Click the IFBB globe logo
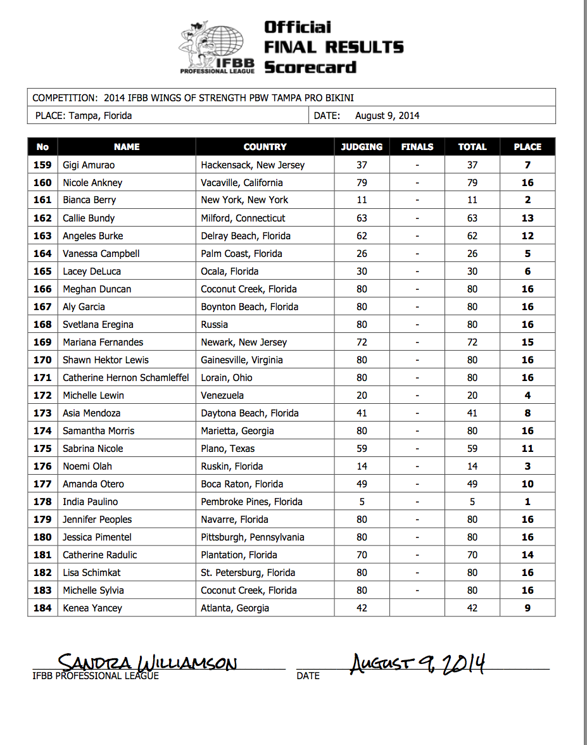(x=217, y=47)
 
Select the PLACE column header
(x=527, y=147)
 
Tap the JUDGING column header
(x=362, y=147)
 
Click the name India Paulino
(x=90, y=502)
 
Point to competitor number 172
(x=42, y=396)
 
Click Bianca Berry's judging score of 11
(x=362, y=200)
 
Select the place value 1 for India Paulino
(x=527, y=502)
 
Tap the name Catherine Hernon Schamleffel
(x=125, y=378)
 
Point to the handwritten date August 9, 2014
(x=417, y=663)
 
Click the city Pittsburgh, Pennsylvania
(x=252, y=537)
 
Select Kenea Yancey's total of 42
(x=472, y=608)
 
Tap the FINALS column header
(x=417, y=147)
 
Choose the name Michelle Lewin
(x=93, y=396)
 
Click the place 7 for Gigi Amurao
(x=527, y=165)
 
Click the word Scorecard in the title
(x=310, y=67)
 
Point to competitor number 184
(x=42, y=608)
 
